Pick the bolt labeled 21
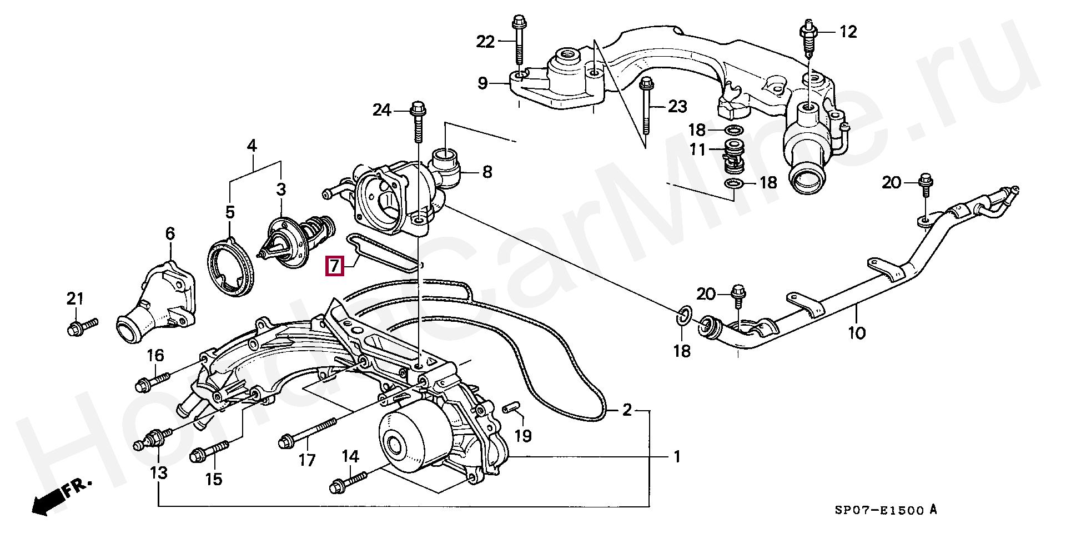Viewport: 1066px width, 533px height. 82,326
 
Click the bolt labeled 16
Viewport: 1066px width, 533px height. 152,381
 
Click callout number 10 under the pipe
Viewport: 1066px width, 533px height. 857,333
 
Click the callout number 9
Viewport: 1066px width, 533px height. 482,84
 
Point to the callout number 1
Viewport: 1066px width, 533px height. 677,457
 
